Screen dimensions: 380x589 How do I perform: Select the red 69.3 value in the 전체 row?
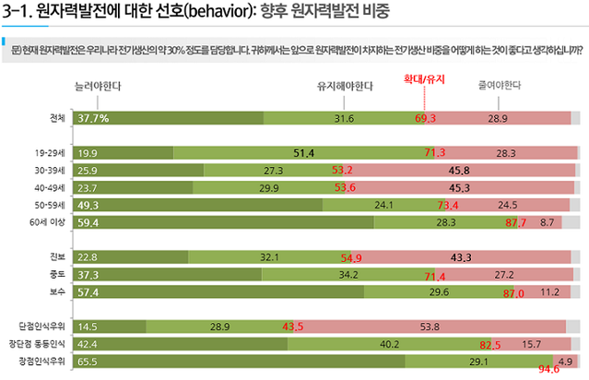point(425,119)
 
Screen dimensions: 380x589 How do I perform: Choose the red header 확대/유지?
point(424,79)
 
